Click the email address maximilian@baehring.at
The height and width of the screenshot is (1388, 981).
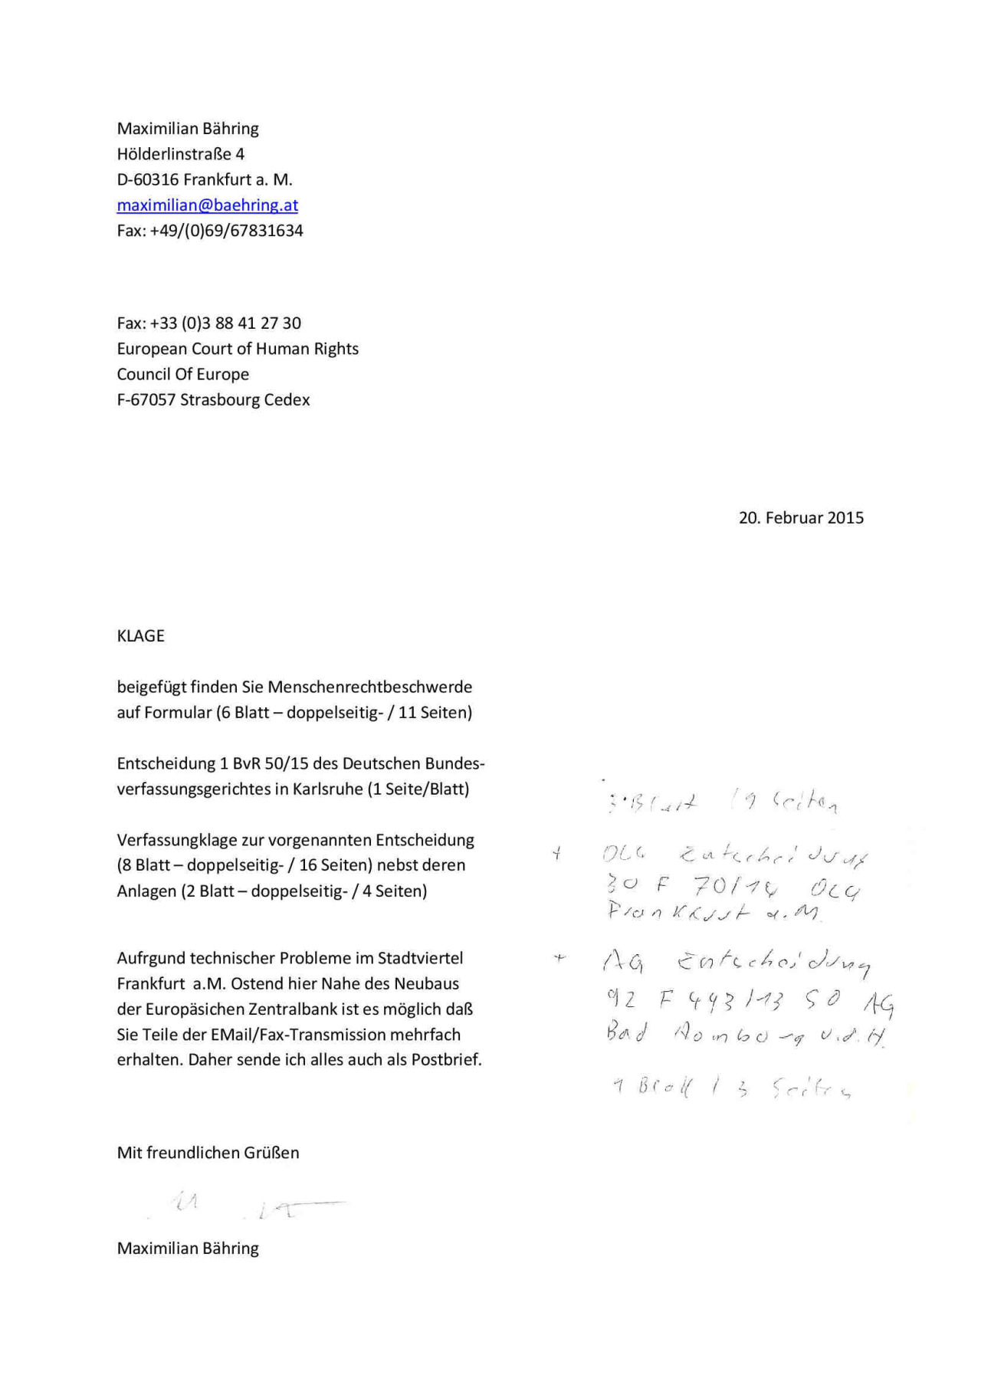pos(207,205)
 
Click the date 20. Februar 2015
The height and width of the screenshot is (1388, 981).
pos(801,518)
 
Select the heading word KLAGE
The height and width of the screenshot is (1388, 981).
pos(140,636)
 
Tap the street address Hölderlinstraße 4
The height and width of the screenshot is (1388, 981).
pos(180,154)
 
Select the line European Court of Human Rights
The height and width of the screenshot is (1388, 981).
pos(238,349)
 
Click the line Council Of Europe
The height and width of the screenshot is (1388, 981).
pos(182,374)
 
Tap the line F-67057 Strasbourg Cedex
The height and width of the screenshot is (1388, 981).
pos(213,400)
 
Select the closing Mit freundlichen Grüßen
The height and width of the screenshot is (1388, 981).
pos(208,1153)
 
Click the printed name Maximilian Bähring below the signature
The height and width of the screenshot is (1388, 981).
pos(188,1249)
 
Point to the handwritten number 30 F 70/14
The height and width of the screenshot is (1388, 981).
pos(694,887)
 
